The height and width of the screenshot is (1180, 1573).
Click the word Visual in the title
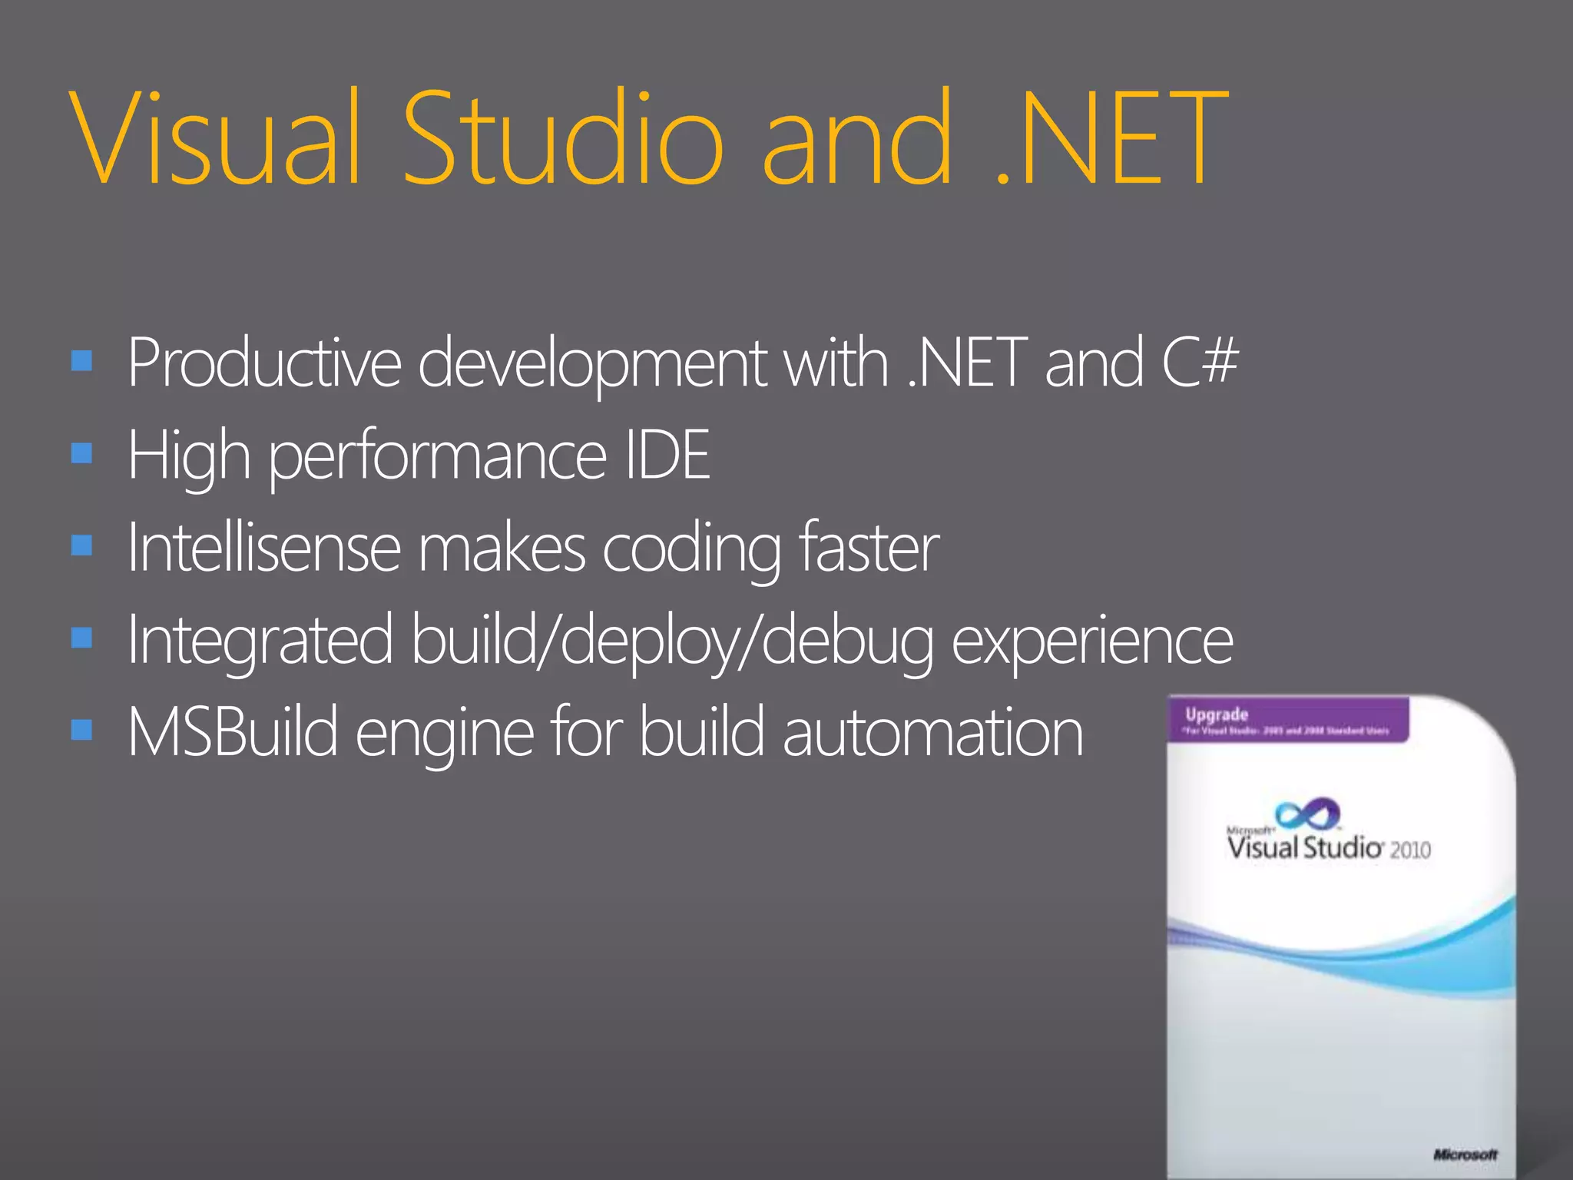215,138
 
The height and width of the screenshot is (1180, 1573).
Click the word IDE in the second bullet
667,455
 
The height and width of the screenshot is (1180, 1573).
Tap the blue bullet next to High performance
81,453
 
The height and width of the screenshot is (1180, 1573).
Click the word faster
869,547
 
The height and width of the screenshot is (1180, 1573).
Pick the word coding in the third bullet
691,550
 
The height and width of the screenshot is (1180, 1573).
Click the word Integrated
260,641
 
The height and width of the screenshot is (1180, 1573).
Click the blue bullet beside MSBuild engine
81,729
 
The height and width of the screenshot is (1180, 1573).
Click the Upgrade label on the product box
1217,714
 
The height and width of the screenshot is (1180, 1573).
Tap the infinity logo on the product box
1307,814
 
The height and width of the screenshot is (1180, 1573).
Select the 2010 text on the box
1410,850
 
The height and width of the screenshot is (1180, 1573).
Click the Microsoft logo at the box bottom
1465,1155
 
